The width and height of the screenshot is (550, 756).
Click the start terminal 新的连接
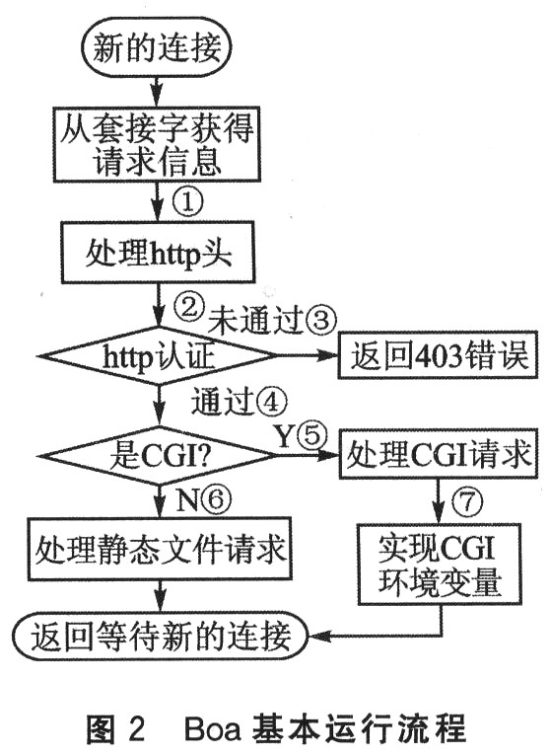158,46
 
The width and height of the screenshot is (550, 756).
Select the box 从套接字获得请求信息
157,144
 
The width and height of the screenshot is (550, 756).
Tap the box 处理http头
158,252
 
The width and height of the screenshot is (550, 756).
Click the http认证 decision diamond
158,356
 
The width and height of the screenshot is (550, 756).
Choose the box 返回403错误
439,355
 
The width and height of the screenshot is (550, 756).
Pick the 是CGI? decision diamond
158,455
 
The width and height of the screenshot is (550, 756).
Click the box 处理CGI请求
439,453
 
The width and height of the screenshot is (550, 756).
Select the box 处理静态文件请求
160,549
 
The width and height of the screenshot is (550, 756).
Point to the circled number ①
187,202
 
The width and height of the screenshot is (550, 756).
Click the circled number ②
188,306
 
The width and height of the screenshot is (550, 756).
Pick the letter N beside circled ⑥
187,501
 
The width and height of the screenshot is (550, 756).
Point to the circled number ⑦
466,501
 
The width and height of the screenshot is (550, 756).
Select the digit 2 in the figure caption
136,728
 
